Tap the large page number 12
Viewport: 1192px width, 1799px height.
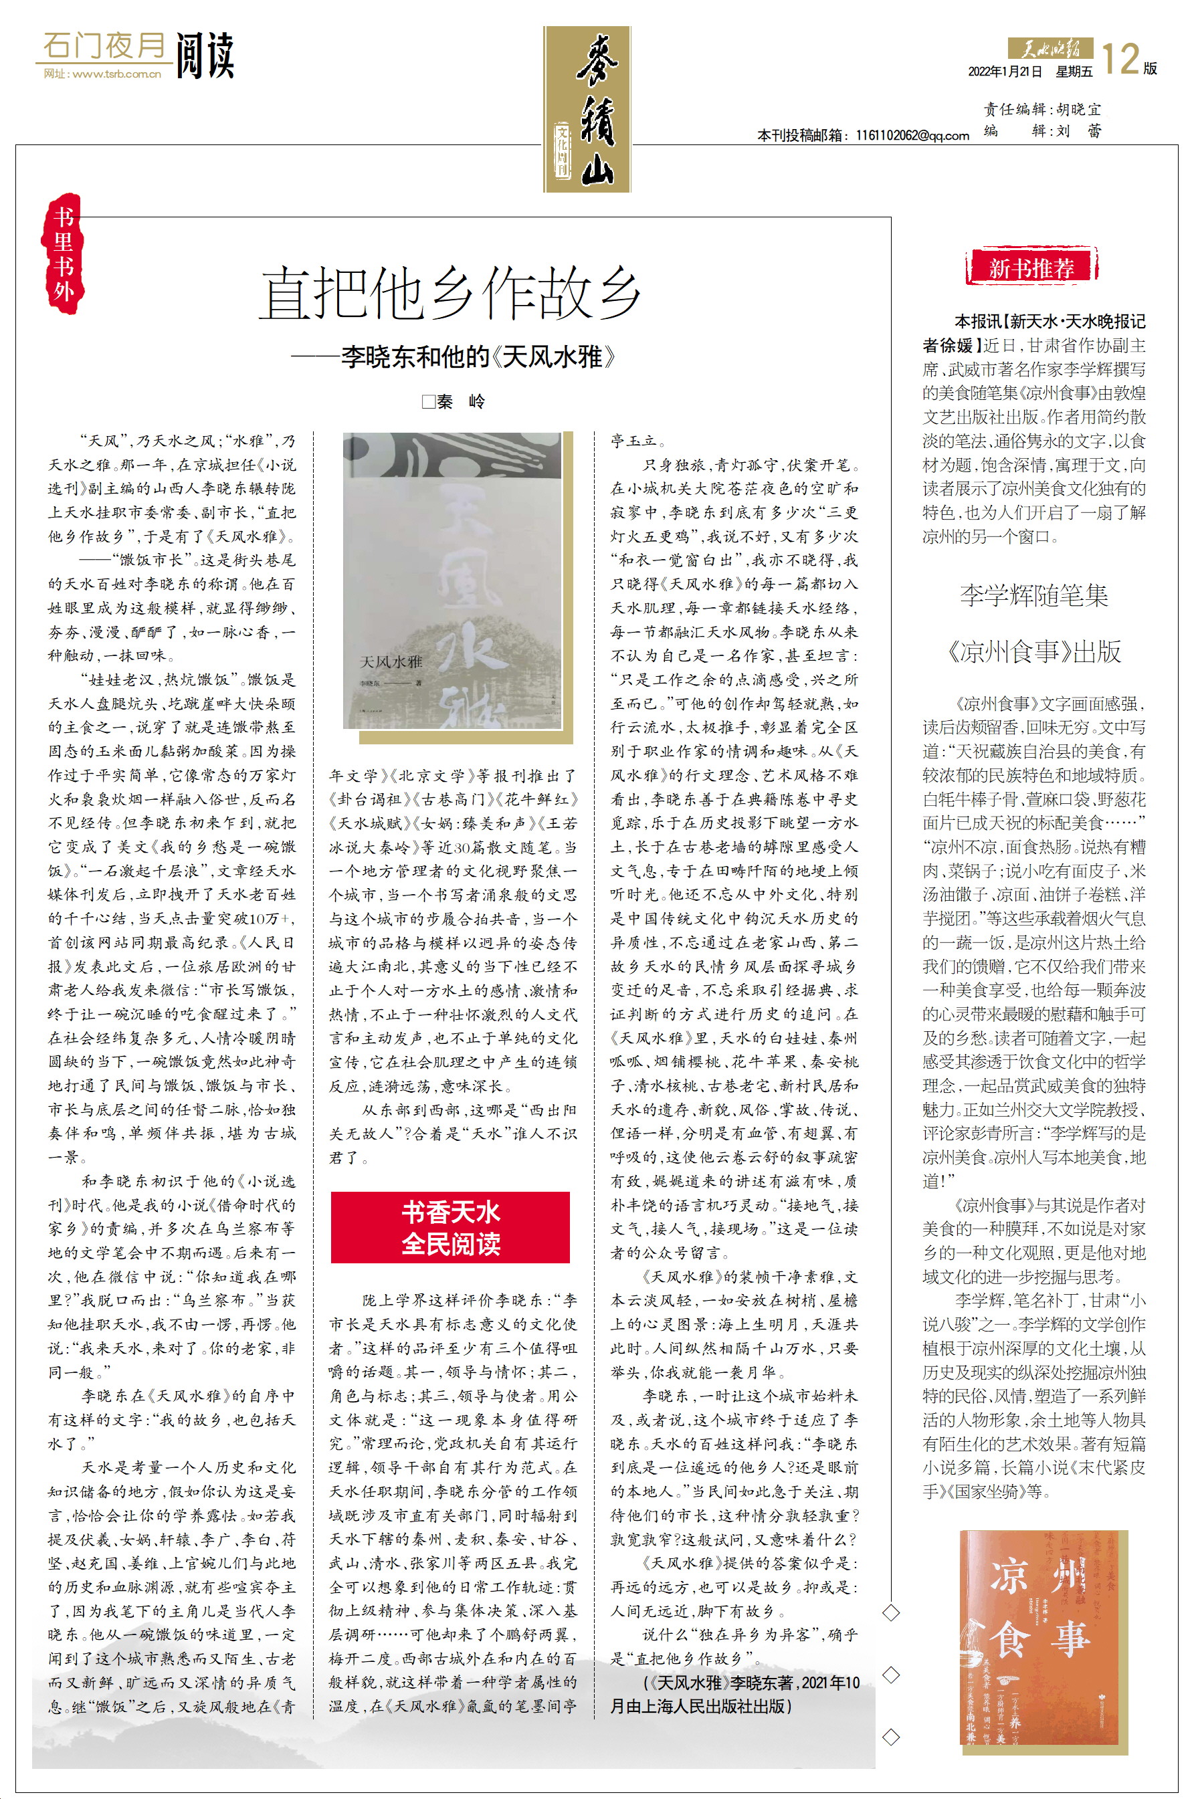1120,60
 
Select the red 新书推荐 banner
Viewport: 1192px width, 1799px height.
1031,268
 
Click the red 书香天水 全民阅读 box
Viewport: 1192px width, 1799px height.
450,1227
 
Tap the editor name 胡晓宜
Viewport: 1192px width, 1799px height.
1078,110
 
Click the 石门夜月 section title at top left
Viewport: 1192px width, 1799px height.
104,46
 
